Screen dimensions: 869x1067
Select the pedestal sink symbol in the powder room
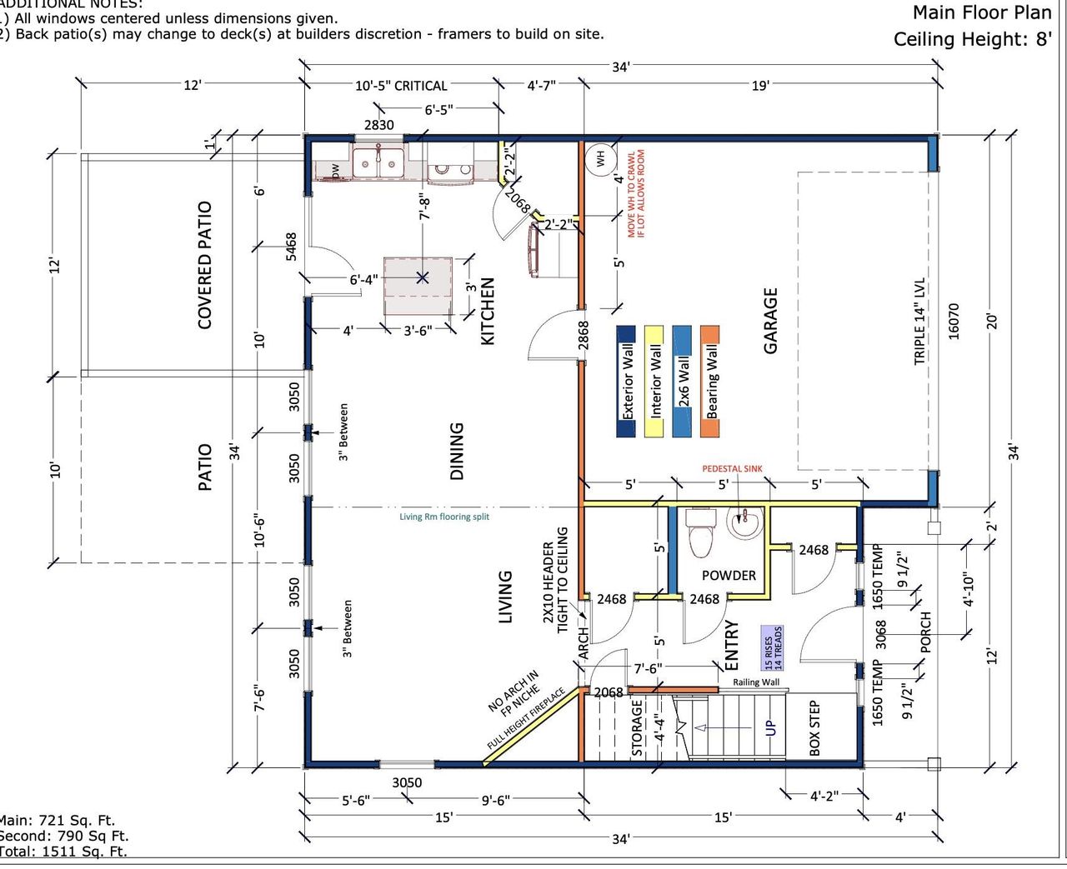coord(744,524)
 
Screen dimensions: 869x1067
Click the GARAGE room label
coord(771,321)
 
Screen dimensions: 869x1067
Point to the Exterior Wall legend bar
coord(627,381)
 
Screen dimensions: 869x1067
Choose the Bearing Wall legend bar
coord(710,381)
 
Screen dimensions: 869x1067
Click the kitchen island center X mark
coord(423,277)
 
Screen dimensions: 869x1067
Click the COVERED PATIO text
coord(205,265)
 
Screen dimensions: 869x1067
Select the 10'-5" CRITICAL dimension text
coord(401,86)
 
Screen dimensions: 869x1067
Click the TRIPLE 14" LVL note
coord(920,321)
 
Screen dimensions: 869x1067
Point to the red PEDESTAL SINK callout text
coord(732,469)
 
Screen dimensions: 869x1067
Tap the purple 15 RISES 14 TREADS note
coord(773,649)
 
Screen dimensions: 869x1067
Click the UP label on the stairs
coord(771,727)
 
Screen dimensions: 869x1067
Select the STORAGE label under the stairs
coord(638,727)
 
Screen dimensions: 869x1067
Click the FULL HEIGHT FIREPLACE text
coord(526,719)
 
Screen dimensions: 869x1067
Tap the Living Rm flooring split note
coord(443,517)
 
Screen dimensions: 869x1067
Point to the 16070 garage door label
coord(954,321)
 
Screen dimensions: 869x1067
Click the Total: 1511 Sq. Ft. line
coord(63,851)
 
